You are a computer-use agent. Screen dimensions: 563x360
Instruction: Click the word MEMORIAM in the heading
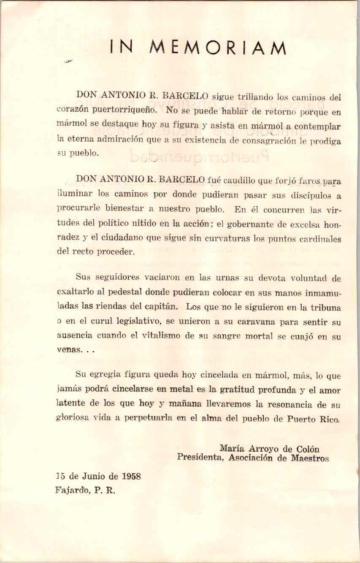[x=218, y=48]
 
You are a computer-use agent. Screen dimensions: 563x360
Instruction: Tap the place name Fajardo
[x=71, y=491]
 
